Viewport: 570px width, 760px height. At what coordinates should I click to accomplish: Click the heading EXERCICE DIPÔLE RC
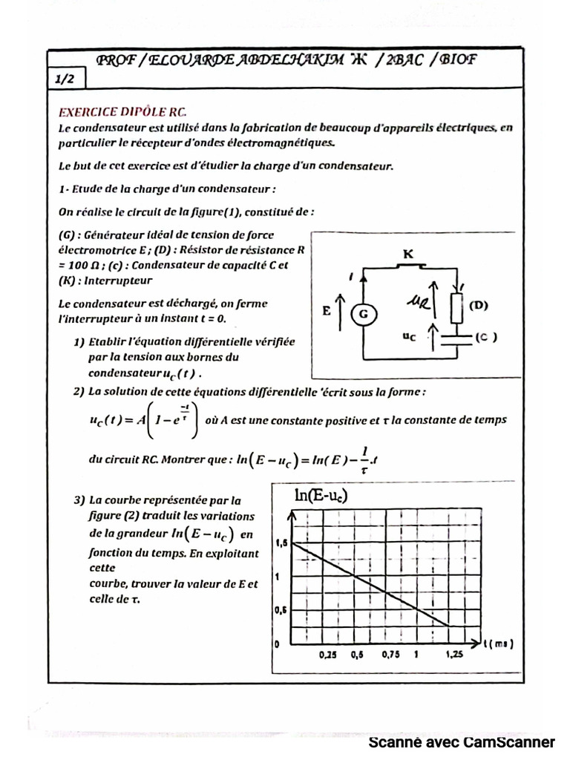click(x=122, y=113)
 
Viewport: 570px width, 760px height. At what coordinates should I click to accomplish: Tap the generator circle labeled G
click(x=364, y=315)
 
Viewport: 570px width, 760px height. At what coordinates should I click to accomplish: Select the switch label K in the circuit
click(x=407, y=255)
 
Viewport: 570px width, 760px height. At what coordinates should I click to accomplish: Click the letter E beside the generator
click(x=327, y=312)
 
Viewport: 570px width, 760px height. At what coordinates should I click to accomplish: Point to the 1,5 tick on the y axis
click(x=281, y=544)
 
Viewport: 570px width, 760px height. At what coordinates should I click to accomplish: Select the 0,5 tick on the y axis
click(x=281, y=610)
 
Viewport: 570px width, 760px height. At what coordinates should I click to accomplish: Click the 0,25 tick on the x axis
click(x=327, y=656)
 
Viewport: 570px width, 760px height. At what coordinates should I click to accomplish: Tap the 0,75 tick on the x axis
click(x=390, y=656)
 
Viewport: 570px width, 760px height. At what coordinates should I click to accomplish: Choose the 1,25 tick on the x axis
click(x=453, y=656)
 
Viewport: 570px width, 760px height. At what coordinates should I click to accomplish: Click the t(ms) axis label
click(x=498, y=643)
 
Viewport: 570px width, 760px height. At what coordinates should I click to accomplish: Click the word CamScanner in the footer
click(x=509, y=742)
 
